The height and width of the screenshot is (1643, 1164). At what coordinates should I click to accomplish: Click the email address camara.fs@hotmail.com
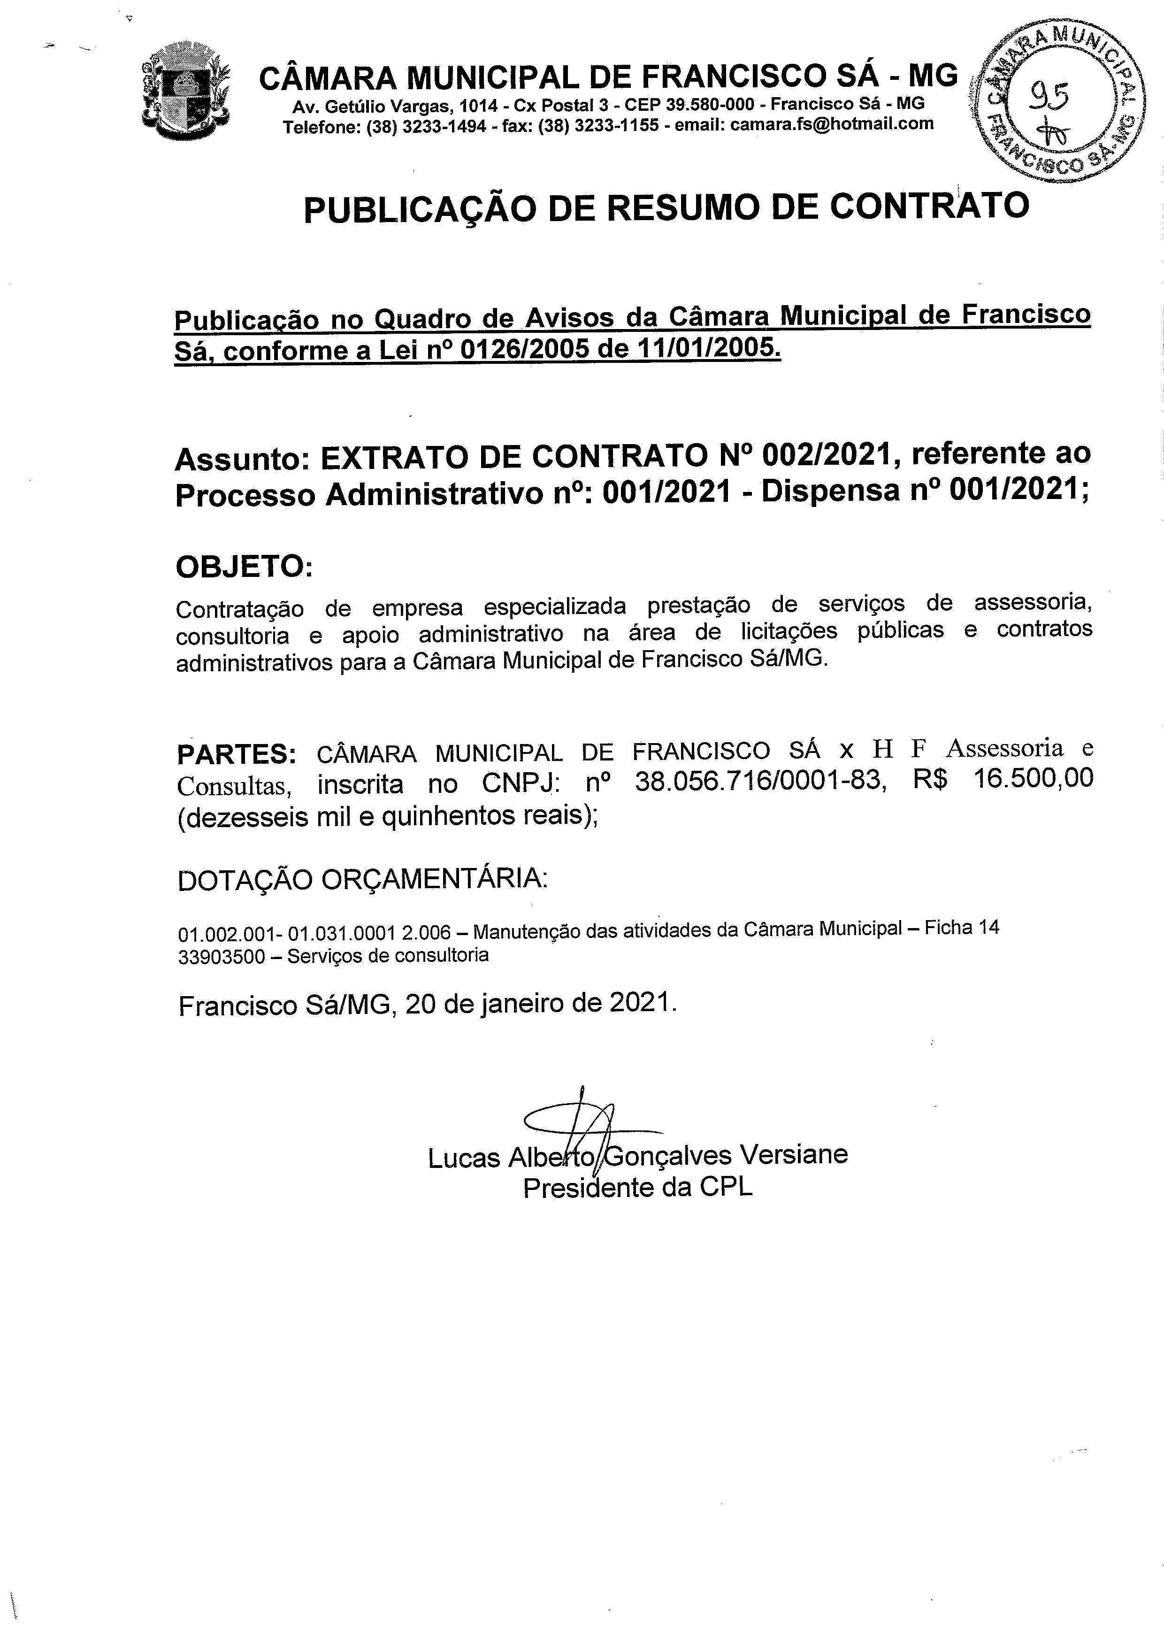click(831, 124)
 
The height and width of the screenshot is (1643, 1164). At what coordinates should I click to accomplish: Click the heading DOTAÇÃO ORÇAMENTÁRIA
click(362, 880)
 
